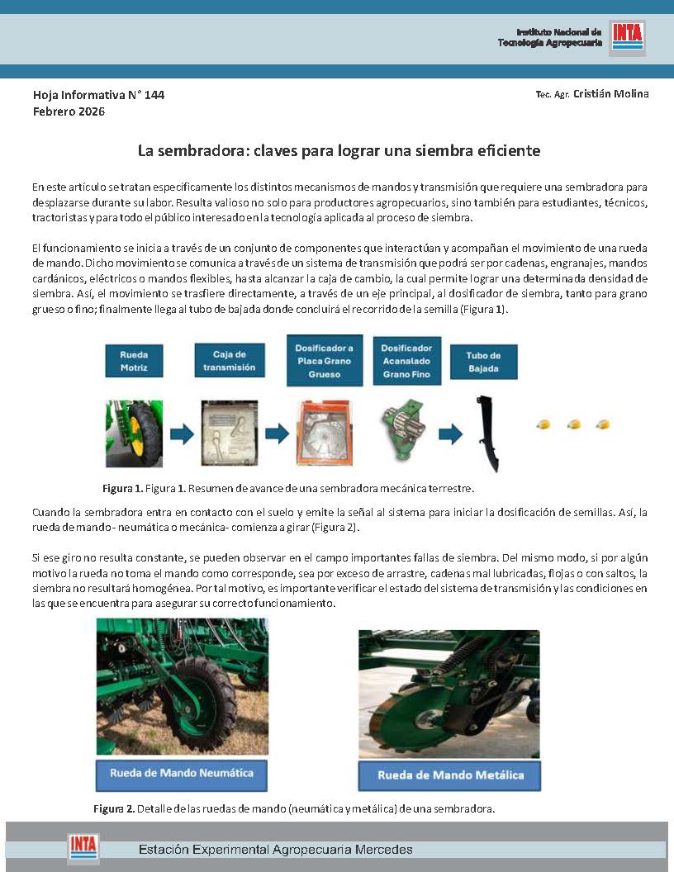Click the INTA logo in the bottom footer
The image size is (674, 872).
pyautogui.click(x=83, y=847)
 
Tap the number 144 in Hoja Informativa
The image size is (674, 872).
pyautogui.click(x=154, y=95)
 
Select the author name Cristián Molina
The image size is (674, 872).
pyautogui.click(x=610, y=93)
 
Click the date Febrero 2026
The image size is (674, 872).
pyautogui.click(x=69, y=111)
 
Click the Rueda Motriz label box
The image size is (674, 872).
pyautogui.click(x=134, y=361)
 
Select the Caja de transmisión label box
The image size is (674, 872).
pyautogui.click(x=229, y=361)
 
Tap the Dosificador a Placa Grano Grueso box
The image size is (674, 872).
pyautogui.click(x=325, y=360)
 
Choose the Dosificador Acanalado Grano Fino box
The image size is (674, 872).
pyautogui.click(x=407, y=361)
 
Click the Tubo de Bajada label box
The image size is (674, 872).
pyautogui.click(x=484, y=362)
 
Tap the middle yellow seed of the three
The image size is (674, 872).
pyautogui.click(x=574, y=424)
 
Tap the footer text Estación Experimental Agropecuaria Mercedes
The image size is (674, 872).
pyautogui.click(x=275, y=849)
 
